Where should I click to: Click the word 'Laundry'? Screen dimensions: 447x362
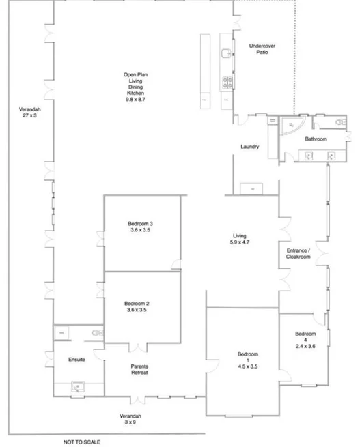click(249, 147)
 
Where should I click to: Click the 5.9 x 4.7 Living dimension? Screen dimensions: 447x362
click(240, 241)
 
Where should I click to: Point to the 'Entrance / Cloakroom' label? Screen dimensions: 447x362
click(298, 255)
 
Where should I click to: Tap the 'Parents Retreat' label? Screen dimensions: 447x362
click(139, 369)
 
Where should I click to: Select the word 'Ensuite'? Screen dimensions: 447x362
click(76, 360)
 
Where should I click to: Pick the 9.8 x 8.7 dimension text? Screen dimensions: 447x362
click(136, 100)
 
